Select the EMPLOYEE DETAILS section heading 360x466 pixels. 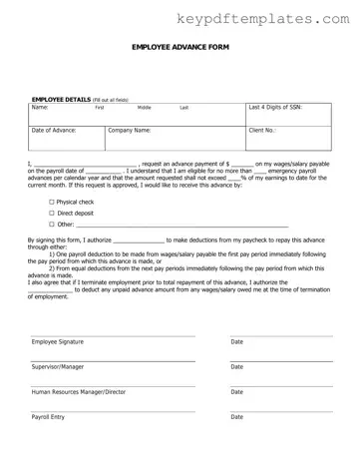tap(63, 101)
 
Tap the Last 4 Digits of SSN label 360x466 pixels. tap(273, 107)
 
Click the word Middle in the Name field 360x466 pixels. tap(144, 107)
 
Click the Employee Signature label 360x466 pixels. tap(58, 342)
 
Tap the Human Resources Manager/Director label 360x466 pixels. tap(79, 392)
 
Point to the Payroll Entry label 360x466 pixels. tap(48, 417)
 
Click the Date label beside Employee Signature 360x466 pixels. tap(237, 342)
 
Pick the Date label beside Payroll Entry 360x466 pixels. tap(237, 417)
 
